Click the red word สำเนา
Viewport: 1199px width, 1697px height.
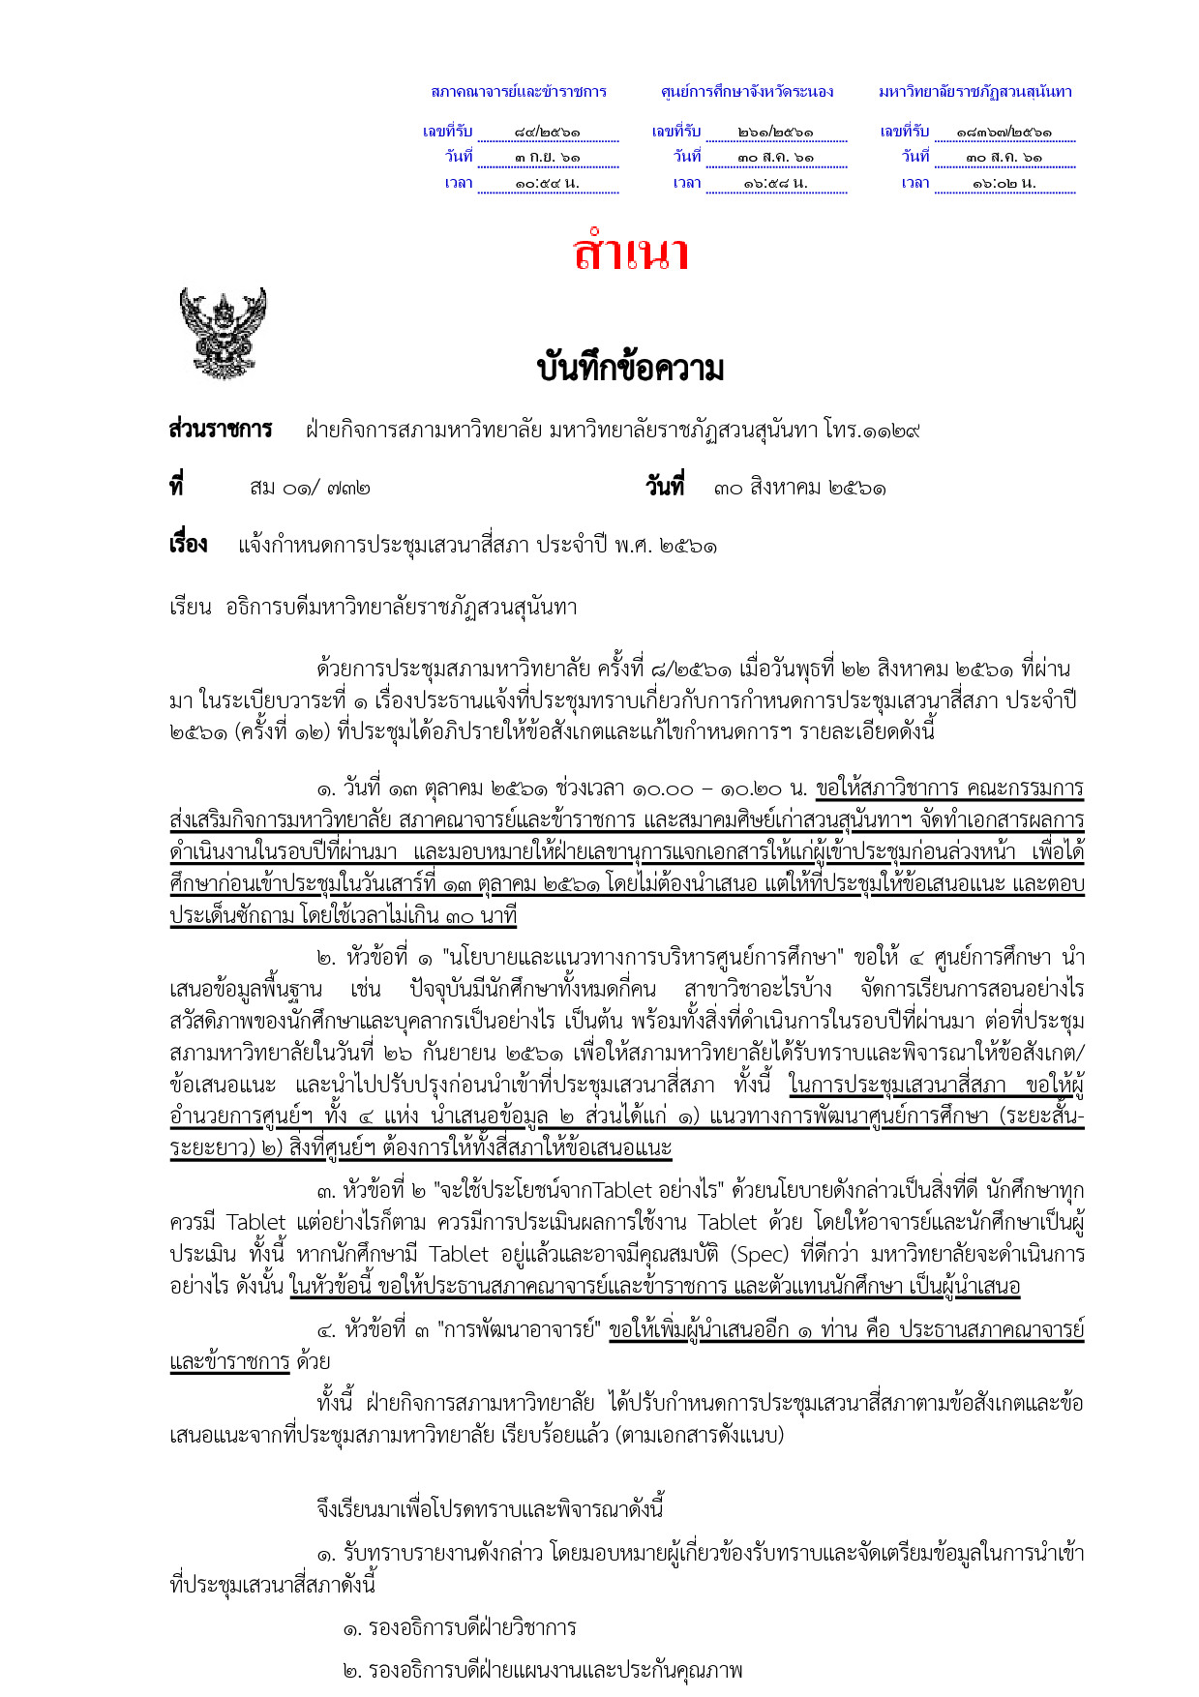[630, 253]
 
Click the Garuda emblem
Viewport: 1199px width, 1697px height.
[223, 332]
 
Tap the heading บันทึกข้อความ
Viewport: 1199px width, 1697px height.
[630, 369]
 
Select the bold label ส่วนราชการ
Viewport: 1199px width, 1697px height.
[221, 430]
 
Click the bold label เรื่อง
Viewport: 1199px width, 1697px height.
[188, 545]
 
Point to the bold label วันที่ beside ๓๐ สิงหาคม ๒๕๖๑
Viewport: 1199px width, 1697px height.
[665, 487]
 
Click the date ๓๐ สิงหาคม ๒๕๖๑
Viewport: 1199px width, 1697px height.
[800, 488]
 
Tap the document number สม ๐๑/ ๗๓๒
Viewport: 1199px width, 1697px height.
[310, 488]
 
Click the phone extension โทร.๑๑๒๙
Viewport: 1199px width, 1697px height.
[872, 430]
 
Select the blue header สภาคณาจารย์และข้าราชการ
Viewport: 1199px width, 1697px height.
[519, 92]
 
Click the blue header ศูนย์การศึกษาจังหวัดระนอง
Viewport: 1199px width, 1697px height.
[747, 92]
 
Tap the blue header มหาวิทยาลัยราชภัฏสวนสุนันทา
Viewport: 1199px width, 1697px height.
[975, 92]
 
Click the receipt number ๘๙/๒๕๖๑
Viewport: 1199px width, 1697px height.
[548, 132]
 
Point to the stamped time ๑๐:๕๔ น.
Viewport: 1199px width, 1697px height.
[548, 183]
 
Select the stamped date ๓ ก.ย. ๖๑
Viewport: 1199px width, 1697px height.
[548, 157]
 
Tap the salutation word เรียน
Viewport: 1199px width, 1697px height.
[191, 608]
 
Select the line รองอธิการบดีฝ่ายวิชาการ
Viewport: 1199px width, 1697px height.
[461, 1627]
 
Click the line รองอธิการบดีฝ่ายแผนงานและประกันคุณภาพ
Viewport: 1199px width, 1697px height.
[543, 1670]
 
